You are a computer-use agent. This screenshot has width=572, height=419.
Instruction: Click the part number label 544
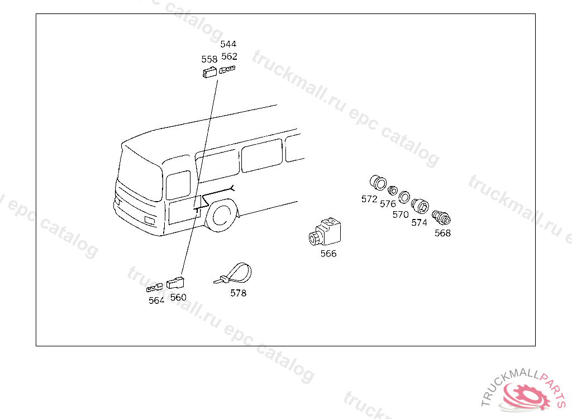[x=228, y=44]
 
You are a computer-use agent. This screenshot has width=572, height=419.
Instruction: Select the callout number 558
[x=209, y=59]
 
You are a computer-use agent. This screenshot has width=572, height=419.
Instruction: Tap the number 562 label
[x=230, y=56]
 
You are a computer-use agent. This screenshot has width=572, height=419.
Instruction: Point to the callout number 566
[x=328, y=254]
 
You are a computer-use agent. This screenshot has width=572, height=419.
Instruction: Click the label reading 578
[x=238, y=293]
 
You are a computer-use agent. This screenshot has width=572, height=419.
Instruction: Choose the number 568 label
[x=442, y=233]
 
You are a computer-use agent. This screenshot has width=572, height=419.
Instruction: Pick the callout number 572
[x=369, y=199]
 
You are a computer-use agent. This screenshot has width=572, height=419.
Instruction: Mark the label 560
[x=178, y=297]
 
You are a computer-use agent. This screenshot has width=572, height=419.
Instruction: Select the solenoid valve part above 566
[x=326, y=232]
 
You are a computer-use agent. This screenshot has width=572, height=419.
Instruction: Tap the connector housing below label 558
[x=209, y=72]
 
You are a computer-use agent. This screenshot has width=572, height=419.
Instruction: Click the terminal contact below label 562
[x=227, y=69]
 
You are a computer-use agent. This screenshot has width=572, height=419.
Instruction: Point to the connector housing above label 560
[x=175, y=283]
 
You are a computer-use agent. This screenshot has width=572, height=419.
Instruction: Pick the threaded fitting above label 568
[x=441, y=217]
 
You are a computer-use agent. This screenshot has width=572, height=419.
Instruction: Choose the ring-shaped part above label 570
[x=404, y=197]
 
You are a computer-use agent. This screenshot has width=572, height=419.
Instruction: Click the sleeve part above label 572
[x=378, y=183]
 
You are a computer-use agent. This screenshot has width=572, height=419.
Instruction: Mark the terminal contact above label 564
[x=154, y=288]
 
